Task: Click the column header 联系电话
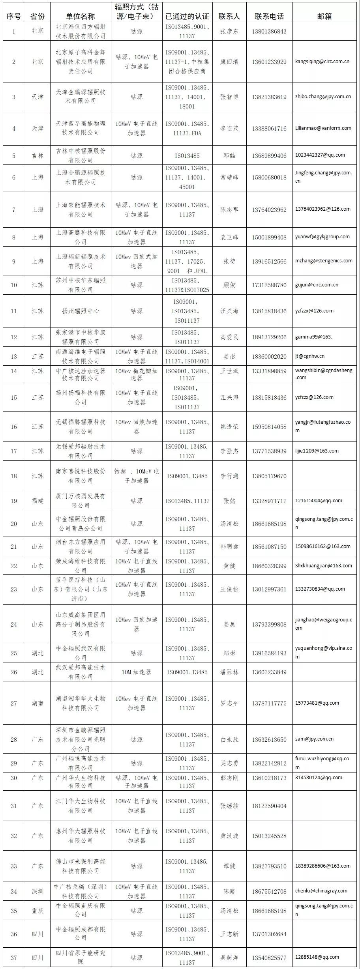tap(269, 16)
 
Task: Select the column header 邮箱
tap(324, 16)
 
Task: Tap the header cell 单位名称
tap(81, 16)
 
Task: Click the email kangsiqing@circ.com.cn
tap(322, 62)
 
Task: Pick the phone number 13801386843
tap(269, 32)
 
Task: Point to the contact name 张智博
tap(229, 97)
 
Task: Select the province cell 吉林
tap(37, 155)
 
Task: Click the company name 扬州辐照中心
tap(81, 311)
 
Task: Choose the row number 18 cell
tap(14, 476)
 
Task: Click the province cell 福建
tap(37, 501)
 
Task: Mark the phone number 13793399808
tap(269, 624)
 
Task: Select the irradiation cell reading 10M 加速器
tap(136, 672)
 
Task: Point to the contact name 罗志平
tap(229, 703)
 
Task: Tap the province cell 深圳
tap(37, 891)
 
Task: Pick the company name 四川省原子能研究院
tap(81, 957)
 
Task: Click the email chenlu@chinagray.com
tap(321, 890)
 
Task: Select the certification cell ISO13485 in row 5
tap(187, 155)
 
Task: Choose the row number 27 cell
tap(14, 703)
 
